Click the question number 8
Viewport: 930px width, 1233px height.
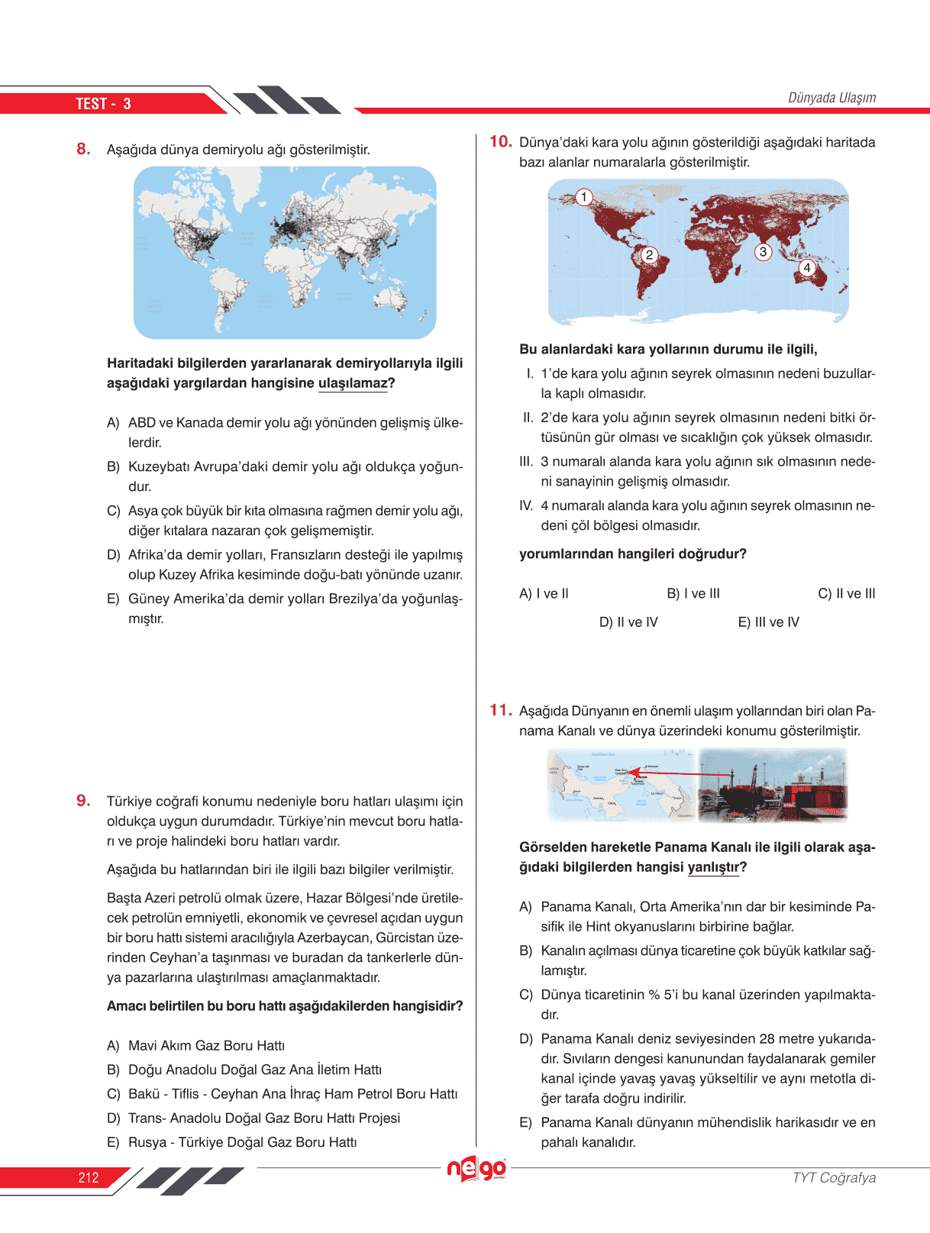[x=83, y=149]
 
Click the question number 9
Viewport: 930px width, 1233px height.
[x=83, y=800]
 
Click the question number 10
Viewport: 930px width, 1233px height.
[x=500, y=141]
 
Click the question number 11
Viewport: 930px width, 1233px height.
[x=500, y=710]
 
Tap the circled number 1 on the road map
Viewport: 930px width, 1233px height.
[x=584, y=198]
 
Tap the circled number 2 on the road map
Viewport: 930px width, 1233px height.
[x=649, y=255]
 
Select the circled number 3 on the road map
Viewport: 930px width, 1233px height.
[x=763, y=252]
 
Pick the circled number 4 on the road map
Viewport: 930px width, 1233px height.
[x=807, y=267]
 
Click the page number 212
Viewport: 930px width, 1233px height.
[x=89, y=1177]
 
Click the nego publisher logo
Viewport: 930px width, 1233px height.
[x=476, y=1169]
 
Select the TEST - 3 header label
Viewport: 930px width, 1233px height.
[x=103, y=104]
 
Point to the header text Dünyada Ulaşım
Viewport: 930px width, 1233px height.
[x=832, y=98]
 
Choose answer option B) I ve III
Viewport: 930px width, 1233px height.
[x=693, y=593]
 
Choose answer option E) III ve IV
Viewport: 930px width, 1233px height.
[x=768, y=622]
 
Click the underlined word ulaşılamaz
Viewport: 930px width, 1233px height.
[x=353, y=383]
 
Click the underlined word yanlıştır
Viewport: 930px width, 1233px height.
[x=713, y=867]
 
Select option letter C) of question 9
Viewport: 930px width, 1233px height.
[x=114, y=1094]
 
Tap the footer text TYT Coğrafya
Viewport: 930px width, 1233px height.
[x=834, y=1177]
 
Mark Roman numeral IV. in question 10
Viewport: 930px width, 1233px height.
[x=526, y=505]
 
